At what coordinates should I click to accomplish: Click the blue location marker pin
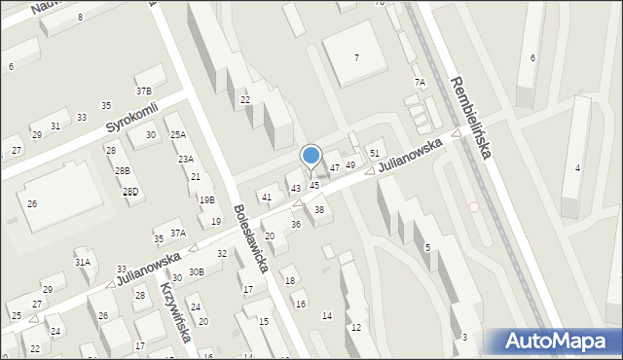(311, 156)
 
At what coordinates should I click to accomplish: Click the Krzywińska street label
(174, 315)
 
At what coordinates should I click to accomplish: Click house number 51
(375, 154)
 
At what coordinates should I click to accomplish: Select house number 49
(350, 165)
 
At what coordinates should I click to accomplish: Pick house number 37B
(144, 90)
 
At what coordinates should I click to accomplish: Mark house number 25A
(177, 135)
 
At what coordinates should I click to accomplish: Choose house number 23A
(185, 159)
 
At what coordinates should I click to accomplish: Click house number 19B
(206, 199)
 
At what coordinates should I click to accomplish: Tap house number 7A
(420, 83)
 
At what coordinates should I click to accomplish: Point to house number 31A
(83, 262)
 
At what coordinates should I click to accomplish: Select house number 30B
(196, 272)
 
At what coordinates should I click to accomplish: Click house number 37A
(177, 234)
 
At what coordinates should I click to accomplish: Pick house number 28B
(123, 170)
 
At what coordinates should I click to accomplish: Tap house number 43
(295, 188)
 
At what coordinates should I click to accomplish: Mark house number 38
(318, 210)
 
